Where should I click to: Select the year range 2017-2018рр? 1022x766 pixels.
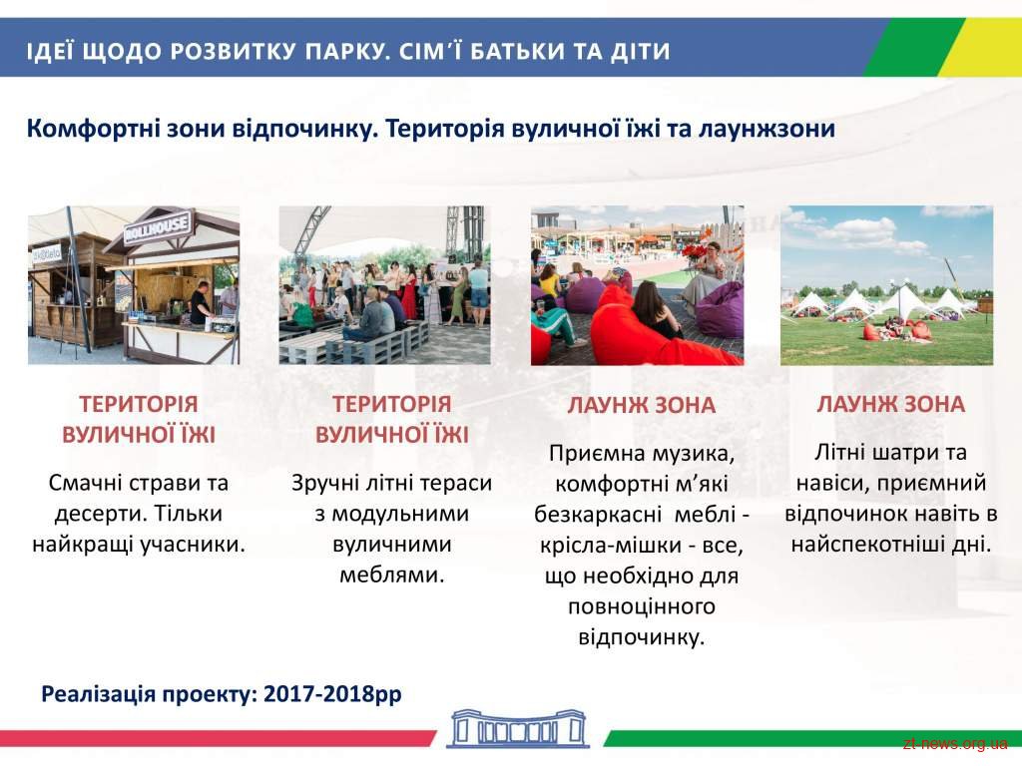tap(332, 694)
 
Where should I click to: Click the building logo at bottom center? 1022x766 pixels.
tap(518, 728)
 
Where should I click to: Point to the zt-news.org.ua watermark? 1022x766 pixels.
tap(955, 743)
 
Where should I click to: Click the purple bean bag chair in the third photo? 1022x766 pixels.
tap(720, 309)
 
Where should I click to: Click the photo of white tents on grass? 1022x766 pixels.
tap(886, 284)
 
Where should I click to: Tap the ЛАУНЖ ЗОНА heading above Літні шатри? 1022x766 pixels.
tap(890, 404)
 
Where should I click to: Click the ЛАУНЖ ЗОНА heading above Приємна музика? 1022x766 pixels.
tap(642, 405)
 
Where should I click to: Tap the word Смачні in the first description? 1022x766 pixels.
tap(84, 483)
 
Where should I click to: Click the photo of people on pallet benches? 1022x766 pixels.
tap(384, 284)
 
